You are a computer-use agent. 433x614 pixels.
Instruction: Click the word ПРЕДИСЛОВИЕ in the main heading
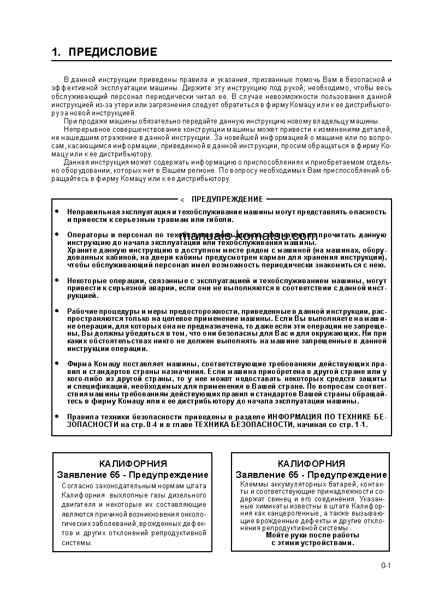point(113,52)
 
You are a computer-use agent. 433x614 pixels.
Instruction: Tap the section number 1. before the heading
point(56,52)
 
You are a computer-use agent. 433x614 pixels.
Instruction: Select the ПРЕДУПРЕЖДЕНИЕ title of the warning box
point(227,199)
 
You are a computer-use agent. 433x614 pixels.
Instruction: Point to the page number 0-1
point(386,565)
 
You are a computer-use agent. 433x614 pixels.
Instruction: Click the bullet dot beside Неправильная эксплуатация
point(57,211)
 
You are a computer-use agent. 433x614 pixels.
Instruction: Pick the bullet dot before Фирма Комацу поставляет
point(57,362)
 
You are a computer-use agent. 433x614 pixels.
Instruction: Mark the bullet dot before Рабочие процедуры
point(57,310)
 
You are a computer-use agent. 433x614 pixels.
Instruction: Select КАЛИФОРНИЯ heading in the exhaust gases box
point(133,464)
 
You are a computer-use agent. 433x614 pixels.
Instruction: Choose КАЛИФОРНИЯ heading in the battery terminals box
point(311,464)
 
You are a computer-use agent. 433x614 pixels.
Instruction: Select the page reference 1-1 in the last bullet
point(361,424)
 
